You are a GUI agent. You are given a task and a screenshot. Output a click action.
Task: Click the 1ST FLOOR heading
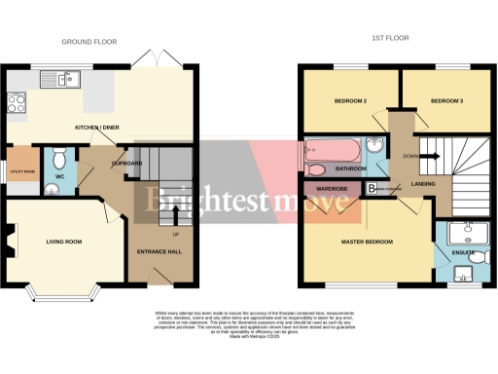point(389,39)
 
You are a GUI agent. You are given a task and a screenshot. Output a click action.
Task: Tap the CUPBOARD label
point(127,163)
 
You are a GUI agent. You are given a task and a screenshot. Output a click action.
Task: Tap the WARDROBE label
point(331,188)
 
